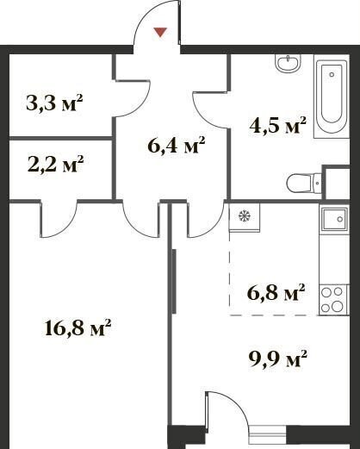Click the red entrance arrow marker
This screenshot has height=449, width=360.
160,32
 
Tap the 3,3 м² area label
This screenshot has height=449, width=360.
54,103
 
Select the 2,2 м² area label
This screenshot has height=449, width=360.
55,164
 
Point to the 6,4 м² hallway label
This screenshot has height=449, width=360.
177,145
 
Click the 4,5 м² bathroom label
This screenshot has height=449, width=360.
278,125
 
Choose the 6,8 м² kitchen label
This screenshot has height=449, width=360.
276,292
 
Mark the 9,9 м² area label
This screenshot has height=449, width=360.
277,359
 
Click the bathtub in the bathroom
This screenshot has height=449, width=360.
332,97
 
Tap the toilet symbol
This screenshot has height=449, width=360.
304,183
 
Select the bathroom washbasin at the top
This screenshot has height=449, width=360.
288,63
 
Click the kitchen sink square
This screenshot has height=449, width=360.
334,219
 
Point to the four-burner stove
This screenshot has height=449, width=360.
334,299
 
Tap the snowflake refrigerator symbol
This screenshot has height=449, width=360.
245,215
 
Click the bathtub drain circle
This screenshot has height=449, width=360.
332,74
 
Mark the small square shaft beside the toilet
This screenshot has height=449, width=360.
336,183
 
